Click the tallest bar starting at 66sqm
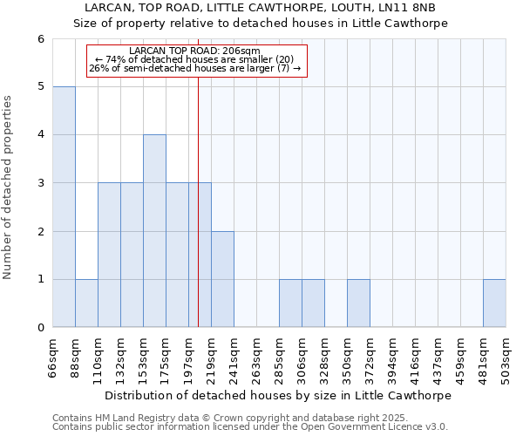[x=64, y=207]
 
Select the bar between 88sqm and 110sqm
[x=86, y=303]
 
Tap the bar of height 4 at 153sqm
[x=154, y=231]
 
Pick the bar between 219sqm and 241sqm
[x=222, y=279]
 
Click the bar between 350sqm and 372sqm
[x=358, y=303]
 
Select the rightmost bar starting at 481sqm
[x=494, y=303]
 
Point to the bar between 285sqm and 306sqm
[x=290, y=303]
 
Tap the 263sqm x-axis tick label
[x=256, y=358]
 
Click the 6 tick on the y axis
[x=40, y=38]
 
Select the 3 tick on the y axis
[x=40, y=183]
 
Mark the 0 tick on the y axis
[x=40, y=328]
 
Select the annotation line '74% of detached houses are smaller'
[x=200, y=59]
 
